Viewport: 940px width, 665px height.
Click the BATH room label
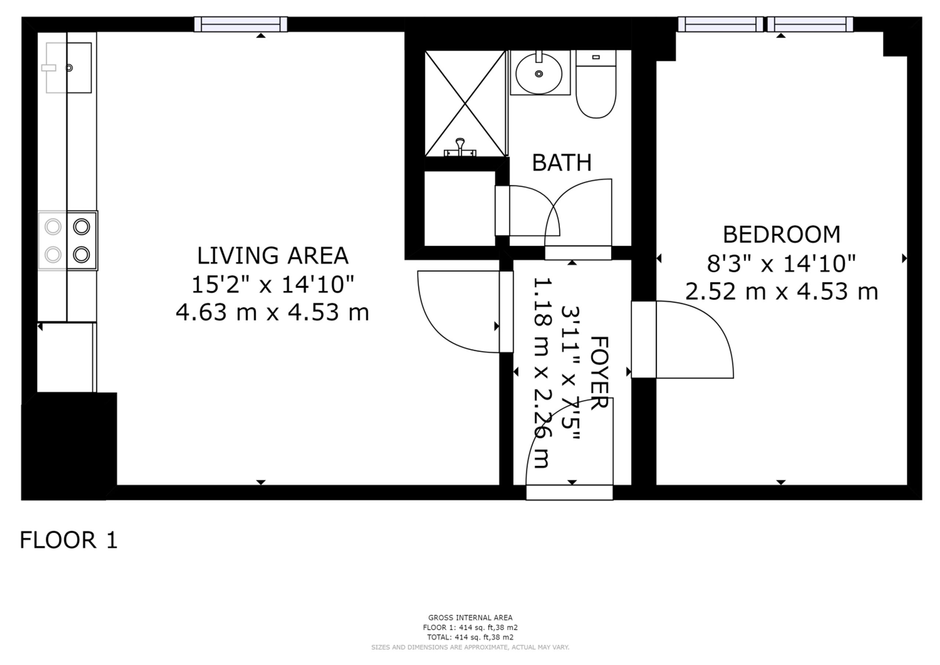click(561, 163)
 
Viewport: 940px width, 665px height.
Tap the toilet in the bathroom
click(596, 90)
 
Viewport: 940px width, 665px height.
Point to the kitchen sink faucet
click(49, 68)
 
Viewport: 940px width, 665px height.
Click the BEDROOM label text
click(781, 235)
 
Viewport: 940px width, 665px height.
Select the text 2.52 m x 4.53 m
click(781, 292)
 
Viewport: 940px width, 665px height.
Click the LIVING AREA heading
click(273, 256)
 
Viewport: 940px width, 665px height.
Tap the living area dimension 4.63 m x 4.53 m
click(273, 312)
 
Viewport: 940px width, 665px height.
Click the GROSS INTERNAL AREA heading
click(470, 618)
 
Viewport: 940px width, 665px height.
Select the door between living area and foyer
click(506, 312)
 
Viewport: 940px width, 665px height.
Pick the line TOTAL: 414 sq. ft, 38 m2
click(470, 637)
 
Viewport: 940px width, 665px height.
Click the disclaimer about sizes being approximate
click(470, 647)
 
